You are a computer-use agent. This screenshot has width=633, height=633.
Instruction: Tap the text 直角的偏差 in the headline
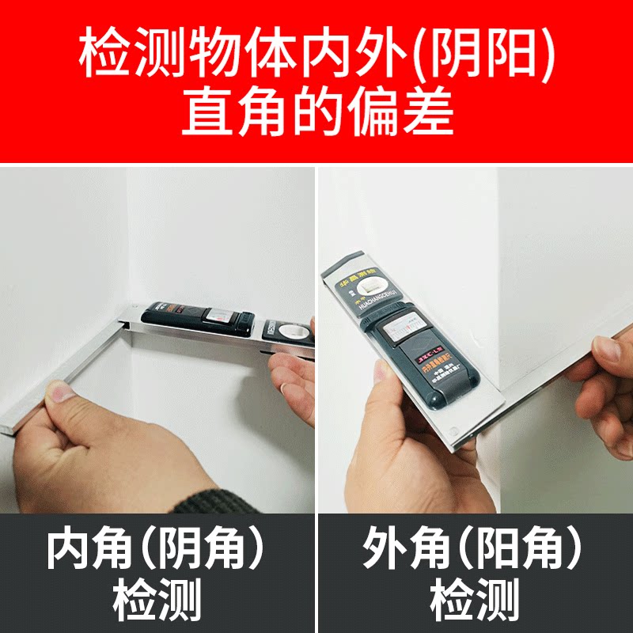pos(316,113)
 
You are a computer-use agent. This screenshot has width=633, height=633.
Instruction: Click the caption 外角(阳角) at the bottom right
pos(472,548)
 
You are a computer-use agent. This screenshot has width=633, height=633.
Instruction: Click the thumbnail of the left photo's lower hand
pos(59,392)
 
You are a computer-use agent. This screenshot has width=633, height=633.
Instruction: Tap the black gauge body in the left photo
pos(198,316)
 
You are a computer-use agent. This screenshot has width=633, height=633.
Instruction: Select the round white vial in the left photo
pos(286,332)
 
